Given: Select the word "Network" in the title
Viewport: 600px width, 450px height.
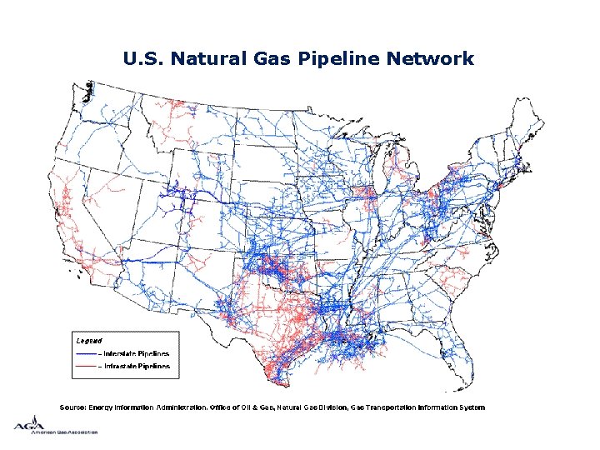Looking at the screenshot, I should coord(433,59).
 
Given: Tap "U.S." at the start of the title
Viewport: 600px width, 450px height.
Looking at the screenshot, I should coord(139,59).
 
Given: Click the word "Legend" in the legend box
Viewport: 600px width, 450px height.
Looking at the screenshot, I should coord(89,341).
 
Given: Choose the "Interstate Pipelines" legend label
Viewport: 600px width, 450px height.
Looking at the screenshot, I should coord(136,353).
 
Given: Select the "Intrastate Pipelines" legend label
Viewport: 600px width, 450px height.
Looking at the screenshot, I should coord(136,366).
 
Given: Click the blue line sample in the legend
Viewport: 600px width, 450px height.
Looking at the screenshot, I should coord(86,354).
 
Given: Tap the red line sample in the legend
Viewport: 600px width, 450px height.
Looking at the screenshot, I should coord(86,367).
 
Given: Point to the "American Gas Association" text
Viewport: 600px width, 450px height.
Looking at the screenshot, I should coord(66,432).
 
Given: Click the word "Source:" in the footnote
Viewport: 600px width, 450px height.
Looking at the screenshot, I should coord(72,407).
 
